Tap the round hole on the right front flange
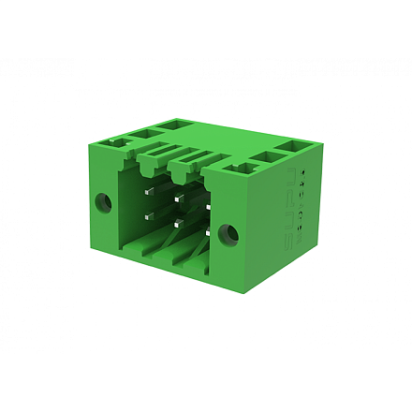226,233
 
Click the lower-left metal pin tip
148,217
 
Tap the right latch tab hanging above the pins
184,172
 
